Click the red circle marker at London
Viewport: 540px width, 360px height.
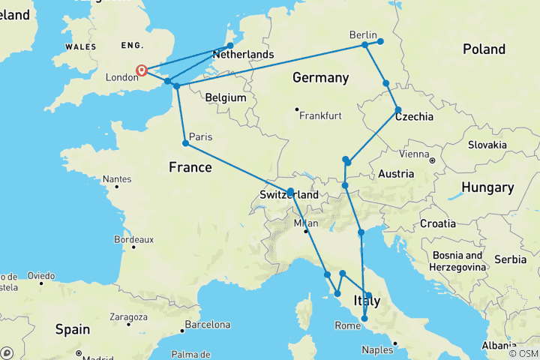[141, 71]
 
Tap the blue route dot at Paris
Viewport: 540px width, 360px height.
[185, 143]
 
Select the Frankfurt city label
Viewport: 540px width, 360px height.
[320, 115]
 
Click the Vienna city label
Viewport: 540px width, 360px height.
[414, 154]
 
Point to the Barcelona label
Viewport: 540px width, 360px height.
[207, 325]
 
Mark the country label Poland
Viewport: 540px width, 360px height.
[484, 49]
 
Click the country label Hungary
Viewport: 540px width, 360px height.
[487, 187]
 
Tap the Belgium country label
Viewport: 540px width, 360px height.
[226, 97]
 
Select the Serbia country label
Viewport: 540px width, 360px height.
[511, 259]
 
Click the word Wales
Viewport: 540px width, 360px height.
[80, 46]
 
